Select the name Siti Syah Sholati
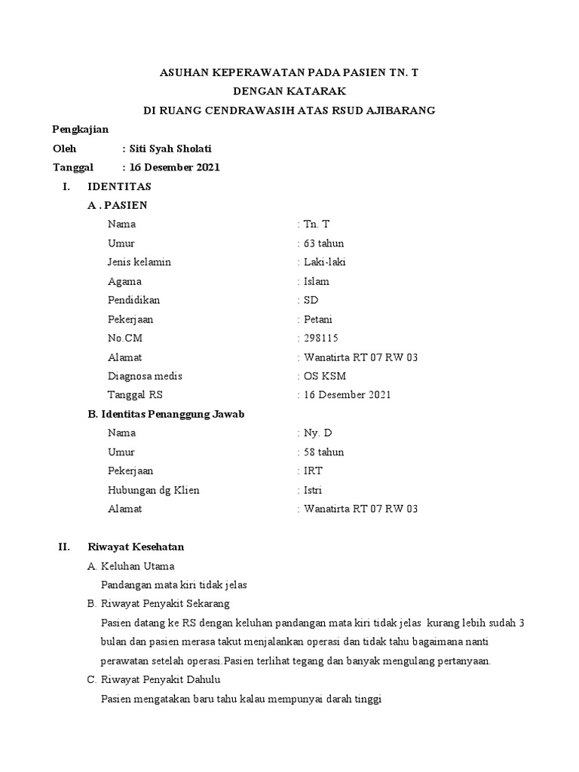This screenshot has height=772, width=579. coord(177,149)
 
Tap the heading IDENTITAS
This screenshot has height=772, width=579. coord(120,185)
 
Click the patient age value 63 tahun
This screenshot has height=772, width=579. coord(323,243)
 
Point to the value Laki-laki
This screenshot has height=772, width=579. coord(325,262)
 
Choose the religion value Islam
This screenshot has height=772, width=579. coord(316,281)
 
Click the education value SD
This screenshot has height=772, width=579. coord(310,300)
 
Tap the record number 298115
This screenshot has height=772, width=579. coord(320,338)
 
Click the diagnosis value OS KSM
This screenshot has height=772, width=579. coord(324,375)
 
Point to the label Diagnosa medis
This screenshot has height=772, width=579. coord(146,375)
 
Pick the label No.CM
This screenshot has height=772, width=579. coord(125,338)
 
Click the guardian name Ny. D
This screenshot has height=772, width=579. coord(317,433)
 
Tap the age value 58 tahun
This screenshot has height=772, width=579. coord(323,452)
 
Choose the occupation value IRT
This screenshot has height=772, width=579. coord(313,470)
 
